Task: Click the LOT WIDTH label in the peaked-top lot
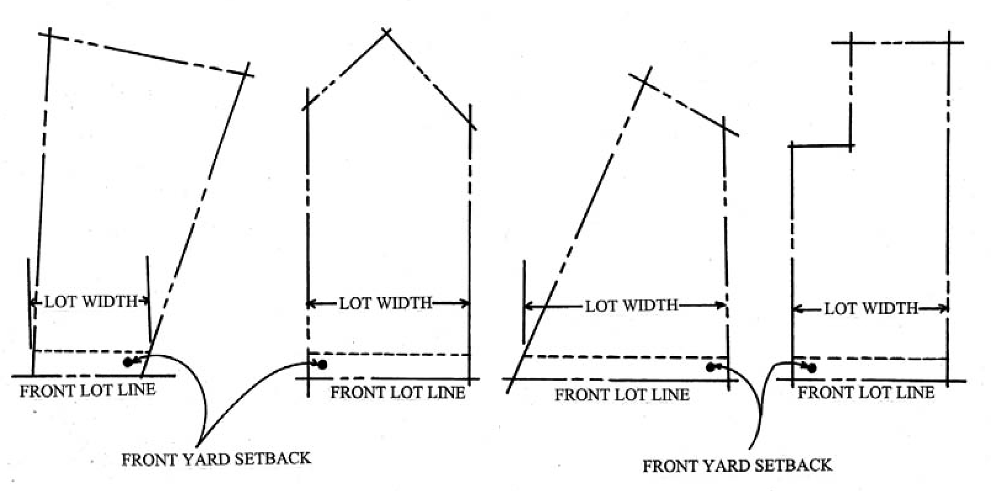[386, 303]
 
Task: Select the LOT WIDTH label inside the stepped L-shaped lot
[871, 308]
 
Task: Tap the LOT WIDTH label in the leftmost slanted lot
[91, 301]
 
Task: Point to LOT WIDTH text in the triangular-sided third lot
[631, 306]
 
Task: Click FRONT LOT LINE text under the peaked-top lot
[398, 392]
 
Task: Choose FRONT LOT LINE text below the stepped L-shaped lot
[866, 392]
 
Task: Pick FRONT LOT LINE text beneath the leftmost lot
[87, 391]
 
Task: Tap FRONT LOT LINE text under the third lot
[621, 395]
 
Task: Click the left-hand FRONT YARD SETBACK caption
[216, 459]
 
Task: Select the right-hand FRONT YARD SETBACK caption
[737, 465]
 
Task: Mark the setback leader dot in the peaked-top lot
[322, 365]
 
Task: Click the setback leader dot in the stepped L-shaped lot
[811, 368]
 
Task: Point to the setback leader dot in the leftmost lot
[128, 362]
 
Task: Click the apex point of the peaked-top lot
[386, 33]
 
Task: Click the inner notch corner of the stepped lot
[851, 147]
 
